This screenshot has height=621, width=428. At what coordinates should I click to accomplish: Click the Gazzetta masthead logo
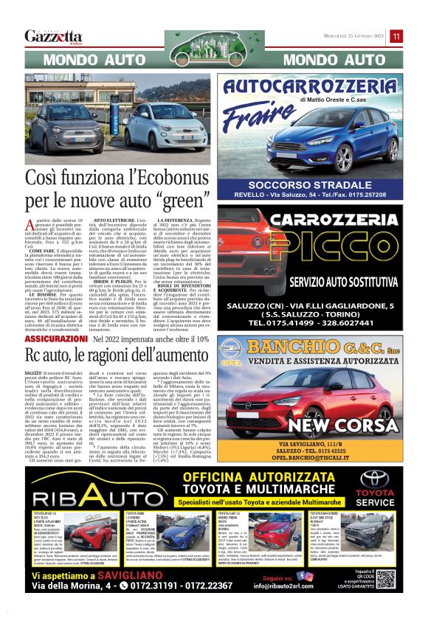53,36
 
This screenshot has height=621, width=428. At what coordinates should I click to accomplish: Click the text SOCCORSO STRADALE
319,184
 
